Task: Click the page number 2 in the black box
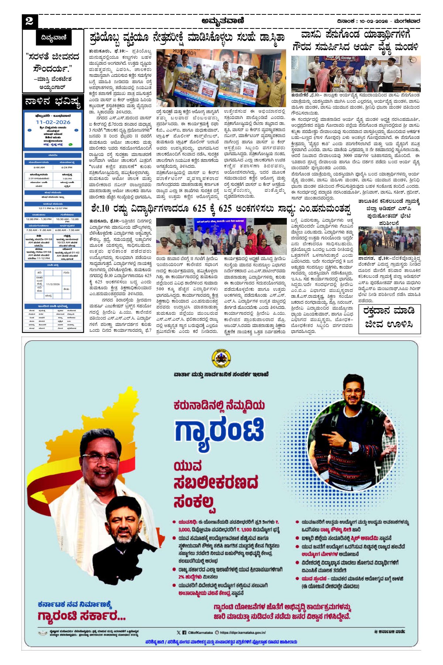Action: (x=30, y=21)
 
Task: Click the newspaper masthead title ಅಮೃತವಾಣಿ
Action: (x=223, y=21)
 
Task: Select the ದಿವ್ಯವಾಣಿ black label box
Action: (x=54, y=38)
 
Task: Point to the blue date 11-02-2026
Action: (x=53, y=122)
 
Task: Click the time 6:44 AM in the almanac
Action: (x=39, y=167)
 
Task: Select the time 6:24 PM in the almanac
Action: (x=67, y=167)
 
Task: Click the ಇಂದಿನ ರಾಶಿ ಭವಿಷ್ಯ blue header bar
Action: (x=53, y=306)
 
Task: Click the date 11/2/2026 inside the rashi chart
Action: (x=53, y=284)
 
